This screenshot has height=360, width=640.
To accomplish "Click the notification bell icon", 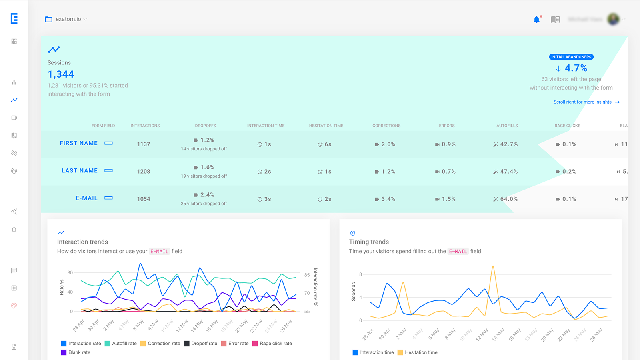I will (536, 20).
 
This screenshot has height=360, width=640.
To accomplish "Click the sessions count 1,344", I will (61, 74).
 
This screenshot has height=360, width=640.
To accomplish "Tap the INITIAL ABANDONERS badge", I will (571, 57).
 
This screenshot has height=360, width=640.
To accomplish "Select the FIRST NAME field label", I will (79, 143).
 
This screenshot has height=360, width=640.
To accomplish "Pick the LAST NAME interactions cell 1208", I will (144, 172).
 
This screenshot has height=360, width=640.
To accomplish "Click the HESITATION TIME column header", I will (326, 126).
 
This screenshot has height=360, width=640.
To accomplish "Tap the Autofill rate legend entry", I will (120, 344).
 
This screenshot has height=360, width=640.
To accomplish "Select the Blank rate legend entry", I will (76, 352).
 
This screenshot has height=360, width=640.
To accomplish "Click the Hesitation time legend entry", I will (417, 352).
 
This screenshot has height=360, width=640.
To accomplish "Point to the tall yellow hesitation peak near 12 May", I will (493, 267).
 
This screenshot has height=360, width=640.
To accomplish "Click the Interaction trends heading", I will (82, 242).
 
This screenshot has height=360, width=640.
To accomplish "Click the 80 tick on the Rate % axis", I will (70, 273).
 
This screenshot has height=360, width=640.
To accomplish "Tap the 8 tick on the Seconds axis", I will (360, 274).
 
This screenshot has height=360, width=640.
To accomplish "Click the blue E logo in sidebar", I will (14, 18).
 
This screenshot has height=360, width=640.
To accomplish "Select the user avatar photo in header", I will (613, 19).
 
